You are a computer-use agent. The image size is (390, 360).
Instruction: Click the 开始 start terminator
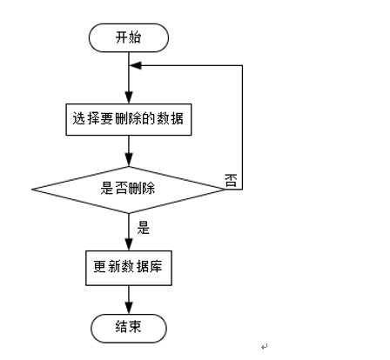point(129,37)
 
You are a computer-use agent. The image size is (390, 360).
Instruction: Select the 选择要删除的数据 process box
point(129,119)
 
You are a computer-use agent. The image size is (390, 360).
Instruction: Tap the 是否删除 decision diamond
point(129,187)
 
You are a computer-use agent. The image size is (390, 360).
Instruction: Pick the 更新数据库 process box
point(129,267)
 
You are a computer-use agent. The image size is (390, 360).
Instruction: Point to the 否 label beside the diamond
point(231,180)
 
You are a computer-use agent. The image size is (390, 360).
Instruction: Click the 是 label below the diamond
point(144,230)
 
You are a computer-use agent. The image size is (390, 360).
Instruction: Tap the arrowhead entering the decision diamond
point(129,160)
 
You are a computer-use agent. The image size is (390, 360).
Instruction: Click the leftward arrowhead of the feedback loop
point(135,64)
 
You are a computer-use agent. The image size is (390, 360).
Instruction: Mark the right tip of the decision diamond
point(225,187)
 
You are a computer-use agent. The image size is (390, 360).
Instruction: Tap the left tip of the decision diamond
point(33,187)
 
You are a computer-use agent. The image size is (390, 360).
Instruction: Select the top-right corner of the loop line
point(241,64)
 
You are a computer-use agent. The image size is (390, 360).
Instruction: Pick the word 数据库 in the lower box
point(143,267)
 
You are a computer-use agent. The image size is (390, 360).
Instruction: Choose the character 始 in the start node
point(136,37)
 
